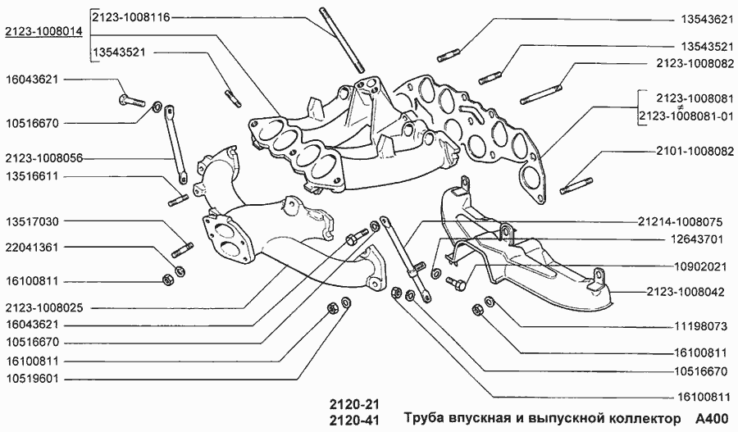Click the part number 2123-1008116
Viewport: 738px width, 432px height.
131,17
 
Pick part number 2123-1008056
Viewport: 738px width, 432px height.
43,158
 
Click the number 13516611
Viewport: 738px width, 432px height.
32,175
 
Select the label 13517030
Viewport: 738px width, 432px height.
32,221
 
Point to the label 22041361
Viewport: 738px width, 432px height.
32,247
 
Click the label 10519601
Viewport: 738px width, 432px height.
32,379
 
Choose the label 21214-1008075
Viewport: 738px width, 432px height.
679,221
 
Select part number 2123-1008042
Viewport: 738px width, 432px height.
691,291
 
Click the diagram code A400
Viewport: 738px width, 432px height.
710,419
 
